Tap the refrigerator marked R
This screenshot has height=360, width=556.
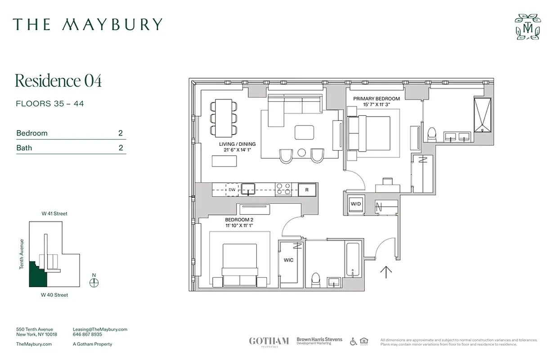coord(307,190)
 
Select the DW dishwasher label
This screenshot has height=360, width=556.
coord(232,190)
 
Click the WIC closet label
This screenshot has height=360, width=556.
coord(288,260)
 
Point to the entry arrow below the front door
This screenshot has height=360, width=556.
coord(386,272)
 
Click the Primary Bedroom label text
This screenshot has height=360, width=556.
coord(376,99)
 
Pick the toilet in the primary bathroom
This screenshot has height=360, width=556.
coord(431,134)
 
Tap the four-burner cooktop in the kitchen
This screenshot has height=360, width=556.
coord(283,189)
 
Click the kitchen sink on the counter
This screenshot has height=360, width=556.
coord(248,189)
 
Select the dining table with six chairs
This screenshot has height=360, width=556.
coord(224,118)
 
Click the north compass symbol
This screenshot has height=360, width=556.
coord(94,283)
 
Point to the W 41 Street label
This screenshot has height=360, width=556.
coord(54,214)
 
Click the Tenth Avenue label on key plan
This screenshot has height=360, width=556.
coord(21,254)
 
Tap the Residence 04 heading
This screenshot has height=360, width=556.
coord(58,81)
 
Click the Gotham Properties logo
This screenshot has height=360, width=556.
coord(269,341)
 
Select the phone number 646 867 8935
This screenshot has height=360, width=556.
coord(87,335)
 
